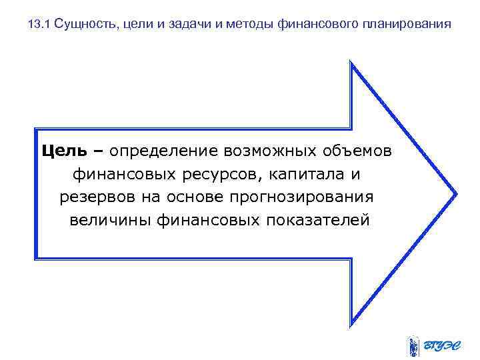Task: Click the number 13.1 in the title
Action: click(39, 25)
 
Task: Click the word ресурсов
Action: click(211, 175)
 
